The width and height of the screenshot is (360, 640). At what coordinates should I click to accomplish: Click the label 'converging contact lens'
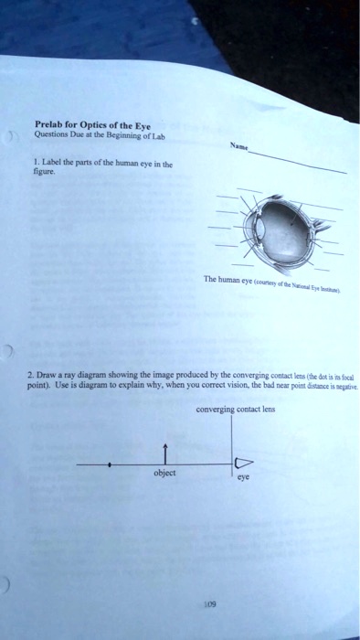(x=235, y=410)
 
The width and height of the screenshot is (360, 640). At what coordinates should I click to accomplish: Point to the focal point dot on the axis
(x=110, y=464)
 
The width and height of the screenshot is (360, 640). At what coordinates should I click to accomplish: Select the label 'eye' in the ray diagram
(x=242, y=479)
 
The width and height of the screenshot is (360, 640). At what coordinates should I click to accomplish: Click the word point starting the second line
(x=40, y=388)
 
